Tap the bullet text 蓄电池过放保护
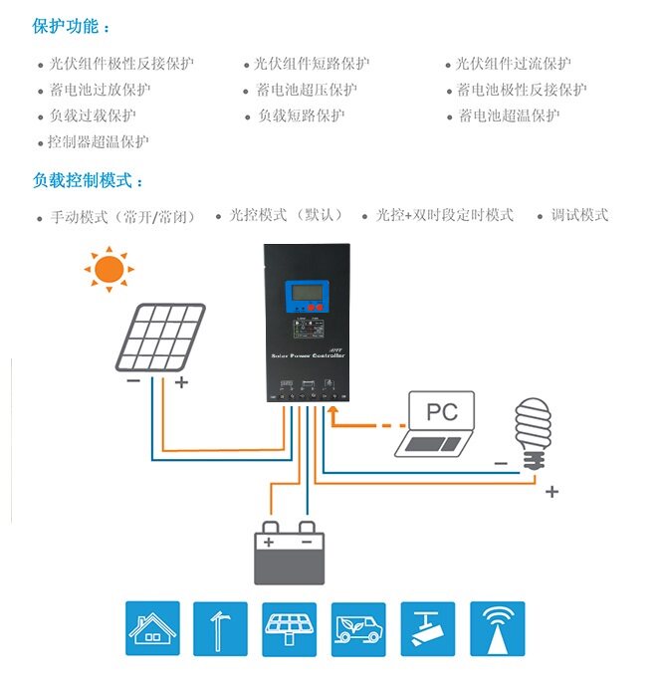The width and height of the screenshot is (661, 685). click(100, 90)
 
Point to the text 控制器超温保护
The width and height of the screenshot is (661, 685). click(99, 141)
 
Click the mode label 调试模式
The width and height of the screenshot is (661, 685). click(579, 215)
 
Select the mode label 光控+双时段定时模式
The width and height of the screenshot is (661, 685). click(445, 215)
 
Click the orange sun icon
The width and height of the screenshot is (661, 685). click(108, 269)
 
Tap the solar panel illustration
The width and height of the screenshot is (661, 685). click(159, 337)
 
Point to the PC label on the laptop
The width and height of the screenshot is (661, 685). click(443, 411)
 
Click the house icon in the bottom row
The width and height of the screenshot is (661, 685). click(152, 628)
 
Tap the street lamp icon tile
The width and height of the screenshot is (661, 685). click(220, 628)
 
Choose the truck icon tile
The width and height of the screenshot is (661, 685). click(358, 628)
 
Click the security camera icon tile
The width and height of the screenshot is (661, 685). click(427, 628)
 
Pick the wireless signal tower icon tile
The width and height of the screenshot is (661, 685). click(497, 628)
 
